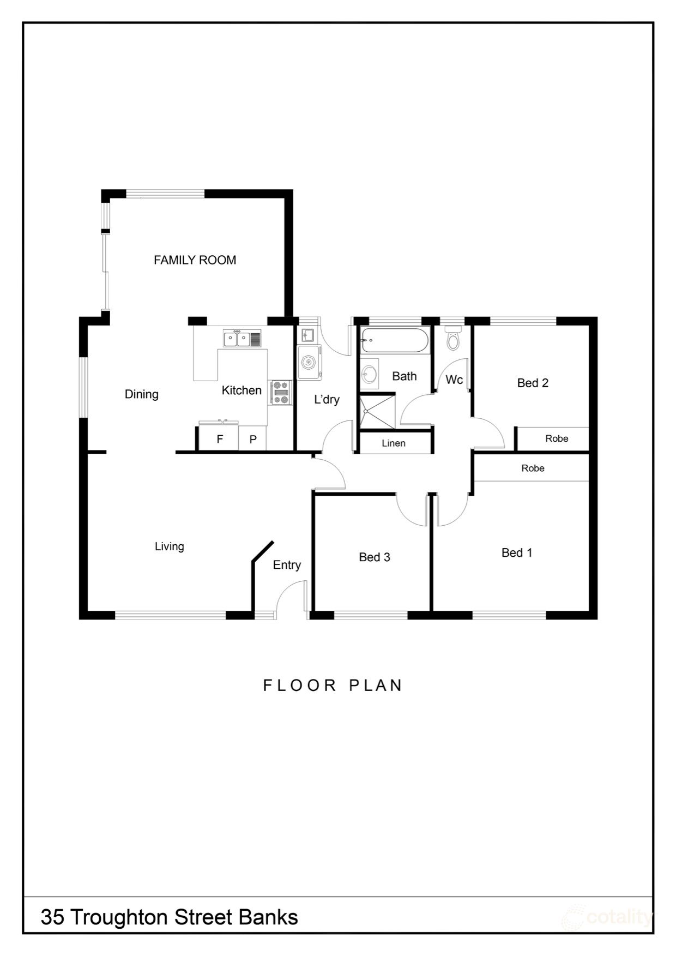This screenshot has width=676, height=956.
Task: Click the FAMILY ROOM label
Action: (195, 260)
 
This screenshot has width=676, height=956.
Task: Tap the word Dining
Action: (141, 394)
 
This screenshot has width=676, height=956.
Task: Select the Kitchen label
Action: (242, 390)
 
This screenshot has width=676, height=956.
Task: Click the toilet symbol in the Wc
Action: (452, 339)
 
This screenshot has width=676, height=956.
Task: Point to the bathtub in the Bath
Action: (395, 340)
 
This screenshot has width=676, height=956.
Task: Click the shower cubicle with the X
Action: (376, 413)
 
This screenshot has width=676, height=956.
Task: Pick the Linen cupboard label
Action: (394, 443)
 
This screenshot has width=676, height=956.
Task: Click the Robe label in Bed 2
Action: (557, 438)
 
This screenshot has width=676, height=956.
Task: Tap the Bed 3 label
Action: (375, 557)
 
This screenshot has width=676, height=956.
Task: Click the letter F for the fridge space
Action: (220, 440)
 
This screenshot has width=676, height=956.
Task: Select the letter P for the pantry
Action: (253, 440)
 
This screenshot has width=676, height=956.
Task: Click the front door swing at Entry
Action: (290, 597)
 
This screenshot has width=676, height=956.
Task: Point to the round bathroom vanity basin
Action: (370, 374)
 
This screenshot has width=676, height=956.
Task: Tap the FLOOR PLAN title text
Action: (333, 686)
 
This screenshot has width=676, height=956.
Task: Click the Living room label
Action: (169, 546)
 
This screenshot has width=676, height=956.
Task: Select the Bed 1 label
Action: (517, 553)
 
